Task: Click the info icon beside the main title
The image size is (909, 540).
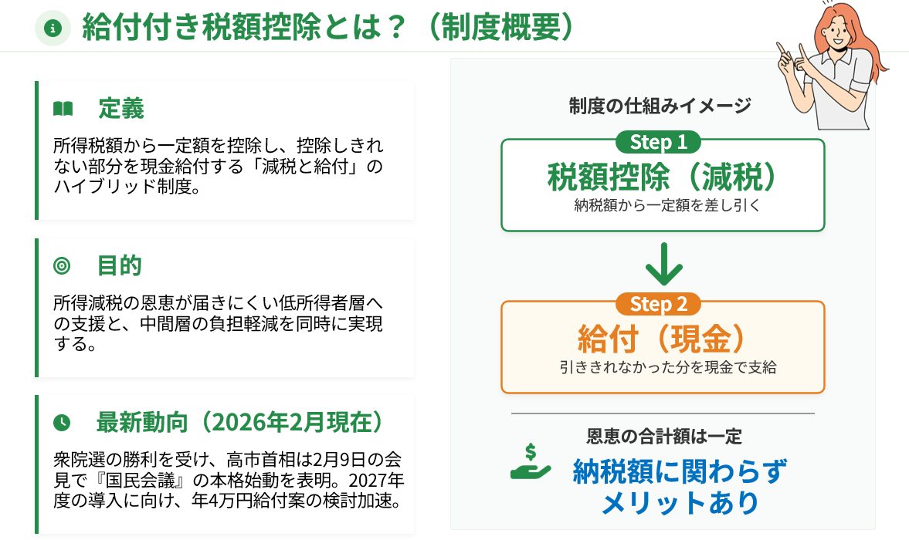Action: pos(53,29)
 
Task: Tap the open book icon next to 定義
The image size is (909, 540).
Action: pos(63,109)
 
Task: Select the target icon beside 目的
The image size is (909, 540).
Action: pos(62,266)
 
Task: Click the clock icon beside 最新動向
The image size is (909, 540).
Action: pos(62,423)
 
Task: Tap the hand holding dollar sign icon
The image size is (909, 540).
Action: pos(531,462)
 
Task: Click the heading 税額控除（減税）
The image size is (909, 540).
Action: pos(662,177)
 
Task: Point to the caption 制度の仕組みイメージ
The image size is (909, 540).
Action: pos(660,106)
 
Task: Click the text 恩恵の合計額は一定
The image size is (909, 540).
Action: pos(663,437)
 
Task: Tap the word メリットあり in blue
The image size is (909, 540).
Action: pos(680,502)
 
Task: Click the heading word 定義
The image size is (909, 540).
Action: pos(120,109)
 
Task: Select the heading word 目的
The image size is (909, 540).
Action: pos(120,266)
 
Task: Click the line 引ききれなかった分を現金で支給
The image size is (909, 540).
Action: pos(667,367)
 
